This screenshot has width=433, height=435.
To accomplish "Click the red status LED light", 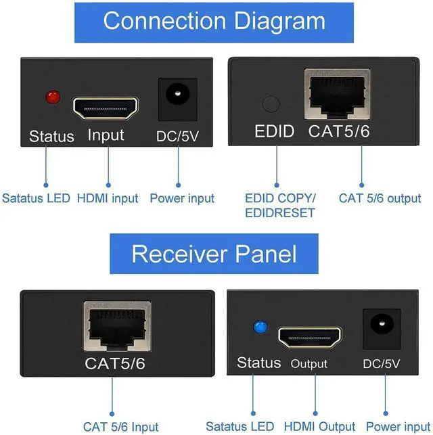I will pos(51,98).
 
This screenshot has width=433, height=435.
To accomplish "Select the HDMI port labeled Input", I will pos(106,106).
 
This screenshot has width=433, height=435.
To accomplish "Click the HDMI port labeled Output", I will pos(309,336).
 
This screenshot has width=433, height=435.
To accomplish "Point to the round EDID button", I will pos(271,104).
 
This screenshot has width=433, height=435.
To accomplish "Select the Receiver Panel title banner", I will pos(214,254).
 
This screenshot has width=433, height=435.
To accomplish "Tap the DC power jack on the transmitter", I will pos(178,95).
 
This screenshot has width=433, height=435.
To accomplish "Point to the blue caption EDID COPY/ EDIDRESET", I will pos(279,205).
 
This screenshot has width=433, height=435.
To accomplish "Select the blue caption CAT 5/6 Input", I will pos(120,427).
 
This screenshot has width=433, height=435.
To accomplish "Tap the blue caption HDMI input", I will pos(107,198).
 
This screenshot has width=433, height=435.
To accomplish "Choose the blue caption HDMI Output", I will pos(319,427).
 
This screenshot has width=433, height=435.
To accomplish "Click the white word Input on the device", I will pos(106,135).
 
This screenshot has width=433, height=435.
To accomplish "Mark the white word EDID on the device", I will pos(274,131).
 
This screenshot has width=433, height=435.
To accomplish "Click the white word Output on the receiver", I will pos(309,364).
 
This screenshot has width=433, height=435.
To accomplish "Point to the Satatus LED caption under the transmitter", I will pos(36,198).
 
